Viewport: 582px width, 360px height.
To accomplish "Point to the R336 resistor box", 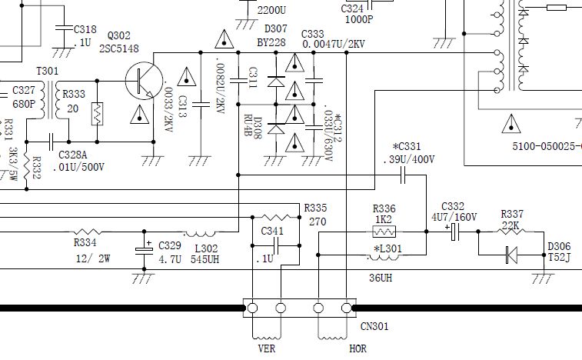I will (384, 230).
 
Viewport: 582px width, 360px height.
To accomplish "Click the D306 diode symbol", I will (510, 255).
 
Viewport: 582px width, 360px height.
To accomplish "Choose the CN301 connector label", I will (374, 326).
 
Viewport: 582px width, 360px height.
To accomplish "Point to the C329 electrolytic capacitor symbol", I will (145, 248).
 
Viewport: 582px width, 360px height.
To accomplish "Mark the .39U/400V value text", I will (408, 159).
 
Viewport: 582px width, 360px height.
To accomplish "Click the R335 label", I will (315, 208).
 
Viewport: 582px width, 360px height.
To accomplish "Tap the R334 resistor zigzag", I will (88, 232).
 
